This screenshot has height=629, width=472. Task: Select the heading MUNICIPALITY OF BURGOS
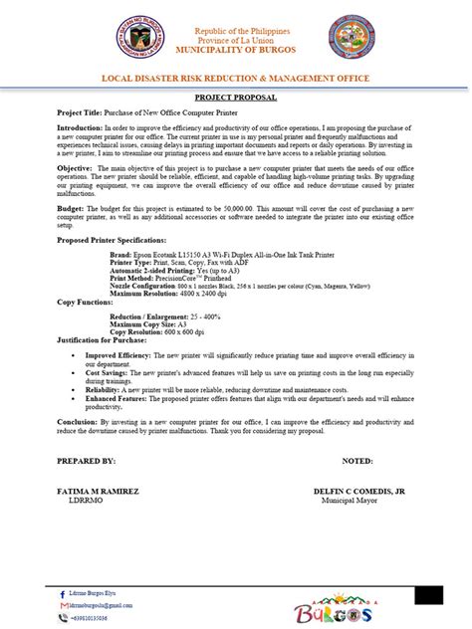(x=235, y=49)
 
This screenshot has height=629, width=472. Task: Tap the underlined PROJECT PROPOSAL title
(x=235, y=99)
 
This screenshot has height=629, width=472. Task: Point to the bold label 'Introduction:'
(x=80, y=128)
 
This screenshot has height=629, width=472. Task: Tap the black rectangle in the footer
(x=428, y=594)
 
